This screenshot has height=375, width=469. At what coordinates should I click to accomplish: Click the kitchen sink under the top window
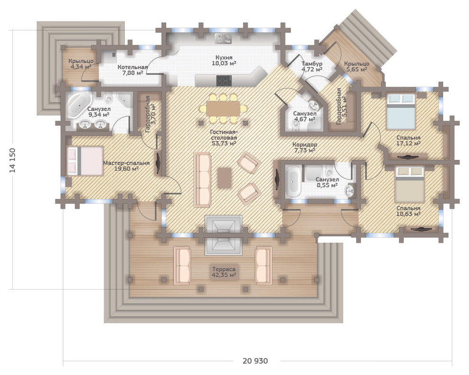[223, 38]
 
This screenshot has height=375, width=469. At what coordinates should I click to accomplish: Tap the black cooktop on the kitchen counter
[223, 81]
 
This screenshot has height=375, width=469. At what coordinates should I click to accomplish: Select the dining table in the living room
[223, 109]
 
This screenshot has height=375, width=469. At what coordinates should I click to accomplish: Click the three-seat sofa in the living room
[202, 179]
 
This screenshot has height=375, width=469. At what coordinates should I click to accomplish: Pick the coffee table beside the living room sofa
[225, 178]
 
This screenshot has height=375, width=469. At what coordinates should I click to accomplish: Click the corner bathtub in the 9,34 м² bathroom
[78, 105]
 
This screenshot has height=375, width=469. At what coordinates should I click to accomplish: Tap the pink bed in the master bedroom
[85, 160]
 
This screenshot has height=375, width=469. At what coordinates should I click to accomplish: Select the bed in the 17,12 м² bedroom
[401, 111]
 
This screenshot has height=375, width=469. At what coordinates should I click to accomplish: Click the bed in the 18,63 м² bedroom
[409, 184]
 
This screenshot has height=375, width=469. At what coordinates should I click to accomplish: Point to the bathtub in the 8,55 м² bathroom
[292, 181]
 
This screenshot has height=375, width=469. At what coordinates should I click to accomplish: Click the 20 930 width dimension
[255, 361]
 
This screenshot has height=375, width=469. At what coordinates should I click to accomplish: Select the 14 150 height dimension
[13, 160]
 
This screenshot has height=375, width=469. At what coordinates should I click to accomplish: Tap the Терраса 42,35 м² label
[224, 272]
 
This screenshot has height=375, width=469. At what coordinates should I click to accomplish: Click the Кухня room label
[224, 57]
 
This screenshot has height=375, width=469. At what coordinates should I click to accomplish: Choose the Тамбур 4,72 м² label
[312, 66]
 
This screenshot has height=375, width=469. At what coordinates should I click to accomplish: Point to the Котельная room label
[133, 67]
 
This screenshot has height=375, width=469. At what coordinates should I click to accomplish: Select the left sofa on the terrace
[182, 266]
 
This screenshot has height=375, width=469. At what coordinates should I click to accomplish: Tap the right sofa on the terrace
[263, 266]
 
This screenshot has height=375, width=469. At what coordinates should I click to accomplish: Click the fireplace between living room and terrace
[224, 235]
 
